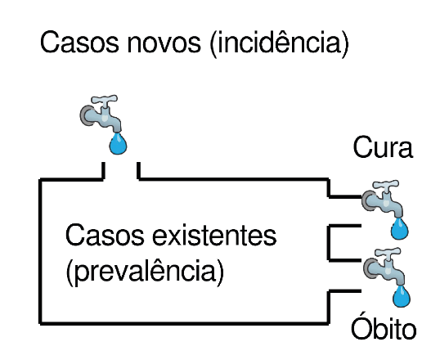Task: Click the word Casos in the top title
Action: click(x=79, y=42)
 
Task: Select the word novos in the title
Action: click(x=164, y=43)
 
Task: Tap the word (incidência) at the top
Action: click(x=279, y=43)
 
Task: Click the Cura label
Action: click(x=383, y=147)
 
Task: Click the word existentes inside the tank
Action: click(x=214, y=236)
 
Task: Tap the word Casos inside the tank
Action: click(x=105, y=235)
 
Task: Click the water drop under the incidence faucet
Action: click(x=118, y=143)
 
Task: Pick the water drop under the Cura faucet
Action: click(x=400, y=228)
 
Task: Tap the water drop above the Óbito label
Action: click(x=402, y=296)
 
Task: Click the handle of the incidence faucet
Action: click(x=105, y=101)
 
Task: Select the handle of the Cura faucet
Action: click(x=385, y=185)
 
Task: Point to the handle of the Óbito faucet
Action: click(x=388, y=253)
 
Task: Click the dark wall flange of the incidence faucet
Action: click(x=85, y=115)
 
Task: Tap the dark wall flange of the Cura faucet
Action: click(x=366, y=200)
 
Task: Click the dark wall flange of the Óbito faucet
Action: click(x=369, y=268)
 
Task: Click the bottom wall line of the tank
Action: click(x=184, y=323)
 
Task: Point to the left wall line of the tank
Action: click(x=41, y=251)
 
